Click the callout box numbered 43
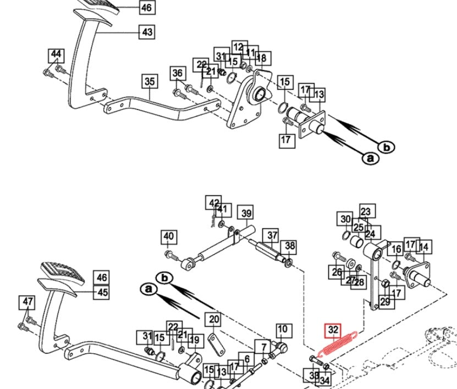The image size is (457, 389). tap(147, 32)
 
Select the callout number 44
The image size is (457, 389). tap(56, 54)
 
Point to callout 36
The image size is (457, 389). tap(177, 73)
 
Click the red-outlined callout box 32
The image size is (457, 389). tap(333, 330)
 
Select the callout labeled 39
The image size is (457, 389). tap(246, 213)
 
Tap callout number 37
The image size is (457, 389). tap(272, 236)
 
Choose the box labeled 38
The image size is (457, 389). tap(289, 246)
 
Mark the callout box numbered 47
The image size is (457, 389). tap(27, 302)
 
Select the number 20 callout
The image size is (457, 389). tap(213, 319)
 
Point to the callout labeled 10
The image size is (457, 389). tap(282, 330)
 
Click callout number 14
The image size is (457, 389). tap(425, 247)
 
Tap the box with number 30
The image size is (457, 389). tap(345, 219)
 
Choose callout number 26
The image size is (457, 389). tap(337, 272)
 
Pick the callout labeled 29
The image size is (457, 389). tap(385, 301)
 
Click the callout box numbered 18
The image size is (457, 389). tap(261, 58)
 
